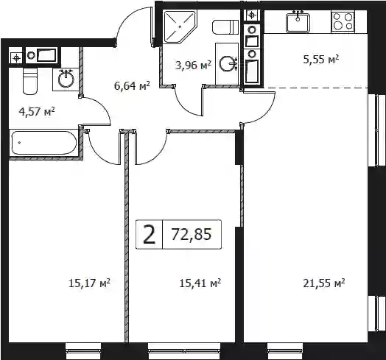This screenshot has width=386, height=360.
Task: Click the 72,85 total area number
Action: (x=192, y=234)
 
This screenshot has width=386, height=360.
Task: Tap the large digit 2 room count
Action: (x=150, y=235)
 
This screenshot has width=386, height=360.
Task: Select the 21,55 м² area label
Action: (x=323, y=283)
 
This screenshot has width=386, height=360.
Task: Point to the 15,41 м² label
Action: (x=200, y=283)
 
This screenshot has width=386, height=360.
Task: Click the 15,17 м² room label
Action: (x=89, y=283)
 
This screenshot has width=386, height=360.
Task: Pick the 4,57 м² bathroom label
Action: (x=37, y=112)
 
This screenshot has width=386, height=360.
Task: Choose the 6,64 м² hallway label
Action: (x=132, y=86)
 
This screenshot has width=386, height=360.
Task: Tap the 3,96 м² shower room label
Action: (x=193, y=66)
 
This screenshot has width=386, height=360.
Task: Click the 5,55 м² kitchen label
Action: (x=321, y=60)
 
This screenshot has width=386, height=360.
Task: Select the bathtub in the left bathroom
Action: (x=44, y=143)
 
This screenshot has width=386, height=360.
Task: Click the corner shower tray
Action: (x=180, y=27)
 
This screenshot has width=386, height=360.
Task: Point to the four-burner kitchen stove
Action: (x=343, y=22)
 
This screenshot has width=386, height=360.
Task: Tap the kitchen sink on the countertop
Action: (x=298, y=23)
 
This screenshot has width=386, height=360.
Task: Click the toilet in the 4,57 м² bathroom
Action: (x=30, y=81)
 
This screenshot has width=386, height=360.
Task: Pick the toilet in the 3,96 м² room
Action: (x=225, y=27)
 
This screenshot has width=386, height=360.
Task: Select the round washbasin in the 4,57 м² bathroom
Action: (x=66, y=79)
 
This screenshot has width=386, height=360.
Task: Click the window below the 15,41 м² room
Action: (x=184, y=350)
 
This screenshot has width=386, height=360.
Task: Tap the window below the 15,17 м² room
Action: (x=83, y=350)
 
